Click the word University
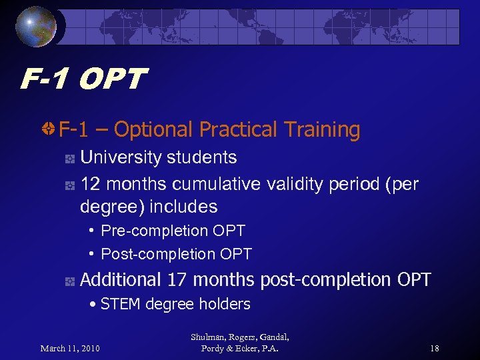point(121,157)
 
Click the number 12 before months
point(90,183)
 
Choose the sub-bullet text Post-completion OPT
point(176,254)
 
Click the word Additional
point(121,279)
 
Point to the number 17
point(177,279)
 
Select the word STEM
point(121,305)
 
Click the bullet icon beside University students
point(69,159)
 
